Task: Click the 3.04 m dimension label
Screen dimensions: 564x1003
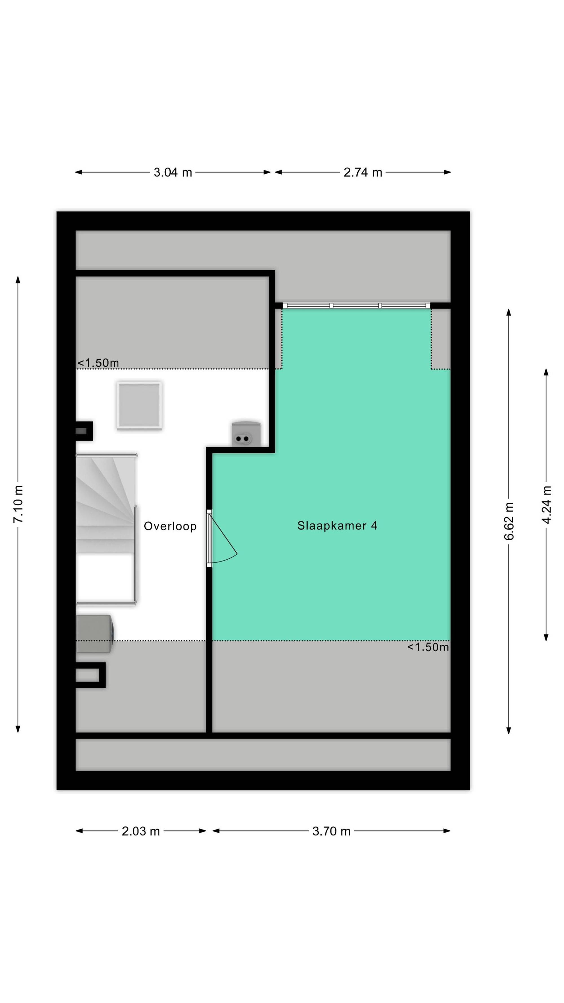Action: point(173,172)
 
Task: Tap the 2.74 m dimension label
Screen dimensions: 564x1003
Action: point(362,172)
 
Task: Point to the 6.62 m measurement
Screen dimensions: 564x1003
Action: point(509,521)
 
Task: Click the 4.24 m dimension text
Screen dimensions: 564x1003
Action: point(546,505)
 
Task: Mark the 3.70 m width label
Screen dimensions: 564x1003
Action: point(331,831)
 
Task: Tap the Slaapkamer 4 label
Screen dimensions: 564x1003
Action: point(337,526)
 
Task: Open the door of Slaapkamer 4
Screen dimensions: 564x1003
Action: point(222,539)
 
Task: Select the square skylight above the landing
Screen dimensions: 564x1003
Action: point(139,405)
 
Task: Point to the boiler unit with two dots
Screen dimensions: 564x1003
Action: point(246,433)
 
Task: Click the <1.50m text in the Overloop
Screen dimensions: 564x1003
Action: point(98,363)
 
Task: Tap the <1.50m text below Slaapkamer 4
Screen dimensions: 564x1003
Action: point(428,647)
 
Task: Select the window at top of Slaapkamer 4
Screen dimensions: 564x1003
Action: point(356,306)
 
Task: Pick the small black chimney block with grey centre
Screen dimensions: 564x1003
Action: point(84,431)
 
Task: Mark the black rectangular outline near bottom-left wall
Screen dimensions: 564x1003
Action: point(90,675)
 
